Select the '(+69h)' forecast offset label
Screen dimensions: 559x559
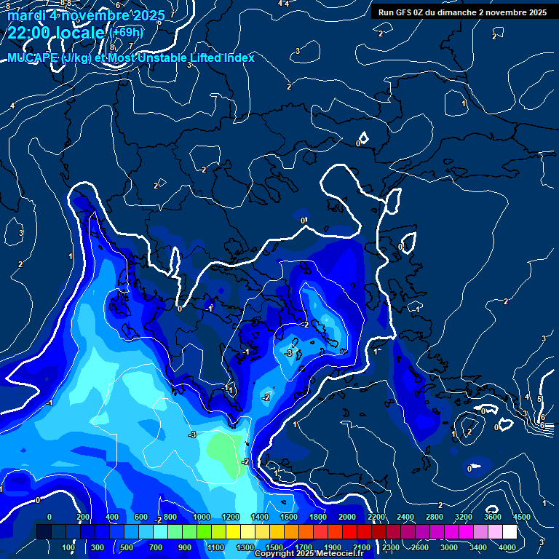126,33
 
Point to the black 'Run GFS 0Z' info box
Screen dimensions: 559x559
462,12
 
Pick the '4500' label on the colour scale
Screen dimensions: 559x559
521,517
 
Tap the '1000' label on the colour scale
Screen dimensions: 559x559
202,517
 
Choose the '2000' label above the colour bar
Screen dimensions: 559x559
347,517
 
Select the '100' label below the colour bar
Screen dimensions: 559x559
68,547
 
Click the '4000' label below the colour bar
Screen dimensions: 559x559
507,547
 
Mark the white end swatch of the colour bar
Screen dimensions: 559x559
510,532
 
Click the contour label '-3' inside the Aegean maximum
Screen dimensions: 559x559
289,353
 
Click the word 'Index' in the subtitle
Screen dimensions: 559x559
239,58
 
